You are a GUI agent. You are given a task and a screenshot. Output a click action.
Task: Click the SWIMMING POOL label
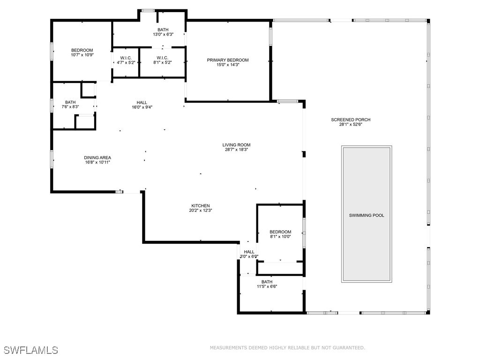click(367, 216)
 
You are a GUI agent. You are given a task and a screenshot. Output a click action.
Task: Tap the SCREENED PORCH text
click(351, 120)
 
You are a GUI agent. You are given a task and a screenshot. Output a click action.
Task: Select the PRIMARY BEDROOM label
click(228, 60)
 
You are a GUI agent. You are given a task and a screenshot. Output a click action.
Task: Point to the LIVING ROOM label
click(236, 145)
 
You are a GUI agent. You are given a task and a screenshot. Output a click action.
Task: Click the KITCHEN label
click(201, 206)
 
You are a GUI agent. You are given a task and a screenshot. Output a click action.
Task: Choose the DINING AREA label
click(97, 157)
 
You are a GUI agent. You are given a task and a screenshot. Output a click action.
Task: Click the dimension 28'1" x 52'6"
click(351, 125)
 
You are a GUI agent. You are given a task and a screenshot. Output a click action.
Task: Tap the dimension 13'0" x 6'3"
click(163, 35)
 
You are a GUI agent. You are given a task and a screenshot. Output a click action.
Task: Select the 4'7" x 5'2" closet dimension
click(126, 62)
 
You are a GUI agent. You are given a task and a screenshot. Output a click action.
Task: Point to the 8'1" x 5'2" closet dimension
click(163, 62)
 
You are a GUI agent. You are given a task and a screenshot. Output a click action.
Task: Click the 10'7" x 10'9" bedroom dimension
click(82, 55)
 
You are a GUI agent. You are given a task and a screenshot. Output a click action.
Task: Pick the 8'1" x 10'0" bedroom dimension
click(280, 237)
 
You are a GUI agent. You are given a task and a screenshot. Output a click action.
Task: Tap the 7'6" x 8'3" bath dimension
click(70, 107)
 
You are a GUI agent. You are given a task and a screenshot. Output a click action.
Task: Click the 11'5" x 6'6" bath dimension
click(267, 286)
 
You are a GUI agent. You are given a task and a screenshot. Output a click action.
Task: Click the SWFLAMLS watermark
click(31, 350)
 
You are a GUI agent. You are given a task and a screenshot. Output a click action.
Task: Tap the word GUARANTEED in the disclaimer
click(347, 348)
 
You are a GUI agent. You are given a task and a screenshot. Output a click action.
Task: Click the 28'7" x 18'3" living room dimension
click(236, 150)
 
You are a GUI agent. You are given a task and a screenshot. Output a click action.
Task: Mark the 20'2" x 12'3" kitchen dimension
click(201, 210)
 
